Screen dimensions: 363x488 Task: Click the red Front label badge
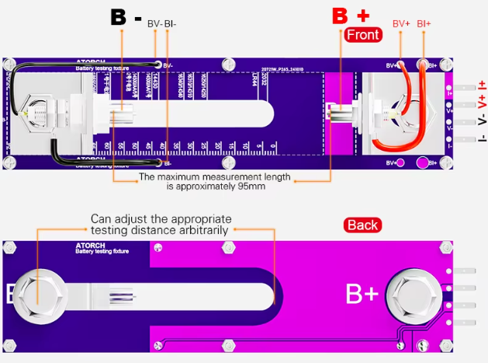[x=362, y=35]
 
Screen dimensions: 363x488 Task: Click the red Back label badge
[x=362, y=225]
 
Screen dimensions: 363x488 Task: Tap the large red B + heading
[x=351, y=15]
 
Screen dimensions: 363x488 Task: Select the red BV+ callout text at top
[x=401, y=24]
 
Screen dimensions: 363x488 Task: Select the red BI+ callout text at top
[x=424, y=24]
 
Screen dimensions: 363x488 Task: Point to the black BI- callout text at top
[x=171, y=24]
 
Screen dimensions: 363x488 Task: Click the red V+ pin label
[x=482, y=102]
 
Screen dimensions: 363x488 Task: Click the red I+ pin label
[x=482, y=85]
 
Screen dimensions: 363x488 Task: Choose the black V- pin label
[x=482, y=120]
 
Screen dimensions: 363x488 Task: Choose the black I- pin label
[x=482, y=137]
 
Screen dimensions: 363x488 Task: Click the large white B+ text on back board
[x=362, y=293]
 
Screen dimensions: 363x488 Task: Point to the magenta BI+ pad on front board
[x=423, y=163]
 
